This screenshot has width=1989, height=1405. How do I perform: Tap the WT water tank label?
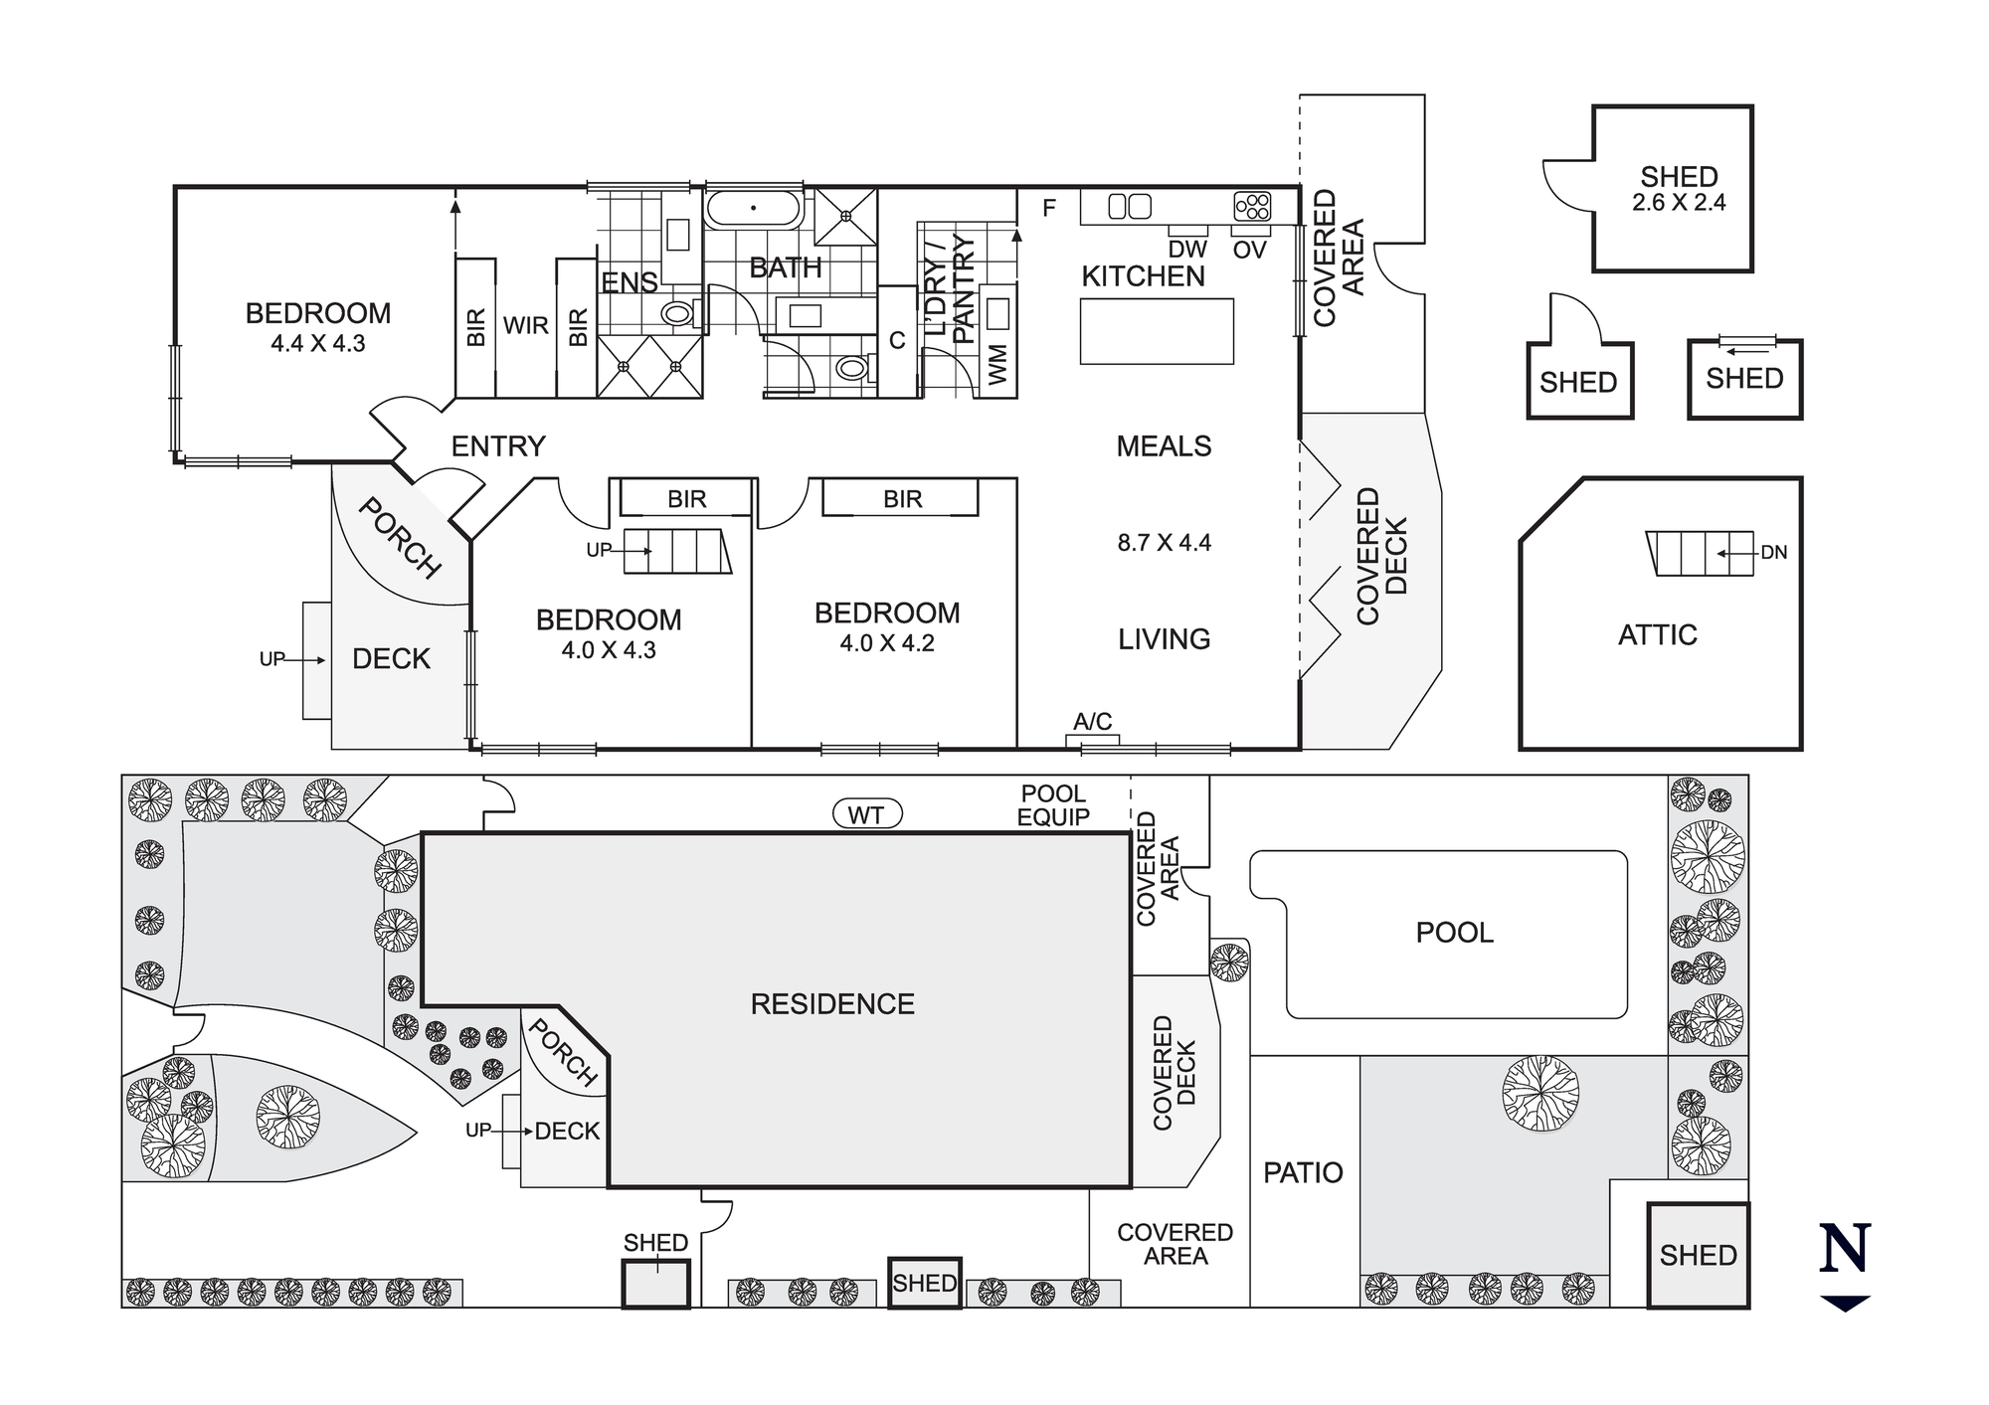[x=866, y=815]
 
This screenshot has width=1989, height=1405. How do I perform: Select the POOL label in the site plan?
[x=1454, y=933]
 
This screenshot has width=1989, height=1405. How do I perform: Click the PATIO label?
[x=1303, y=1173]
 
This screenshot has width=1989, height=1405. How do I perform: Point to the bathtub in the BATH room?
[x=754, y=209]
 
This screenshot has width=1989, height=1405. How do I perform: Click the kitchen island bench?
[x=1157, y=331]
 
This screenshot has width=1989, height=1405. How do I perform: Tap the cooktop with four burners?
[x=1252, y=206]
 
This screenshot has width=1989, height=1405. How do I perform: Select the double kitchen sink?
[x=1130, y=207]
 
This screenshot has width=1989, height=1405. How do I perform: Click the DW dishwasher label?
[x=1187, y=250]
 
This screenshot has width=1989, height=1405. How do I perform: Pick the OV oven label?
[x=1249, y=250]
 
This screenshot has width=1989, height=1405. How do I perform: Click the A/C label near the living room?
[x=1092, y=722]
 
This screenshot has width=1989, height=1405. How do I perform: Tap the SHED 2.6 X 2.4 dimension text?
[x=1679, y=203]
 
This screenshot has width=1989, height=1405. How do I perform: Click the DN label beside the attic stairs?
[x=1774, y=553]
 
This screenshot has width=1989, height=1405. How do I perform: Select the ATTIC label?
[x=1657, y=635]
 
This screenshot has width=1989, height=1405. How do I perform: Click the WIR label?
[x=525, y=326]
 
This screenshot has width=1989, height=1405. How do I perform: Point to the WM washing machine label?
[x=998, y=364]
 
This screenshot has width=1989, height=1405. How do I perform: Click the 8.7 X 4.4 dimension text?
[x=1164, y=543]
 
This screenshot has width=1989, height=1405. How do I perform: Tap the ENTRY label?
[x=498, y=446]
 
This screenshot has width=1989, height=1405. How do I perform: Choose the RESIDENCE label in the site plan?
[x=832, y=1004]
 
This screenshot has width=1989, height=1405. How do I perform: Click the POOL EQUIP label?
[x=1053, y=805]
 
